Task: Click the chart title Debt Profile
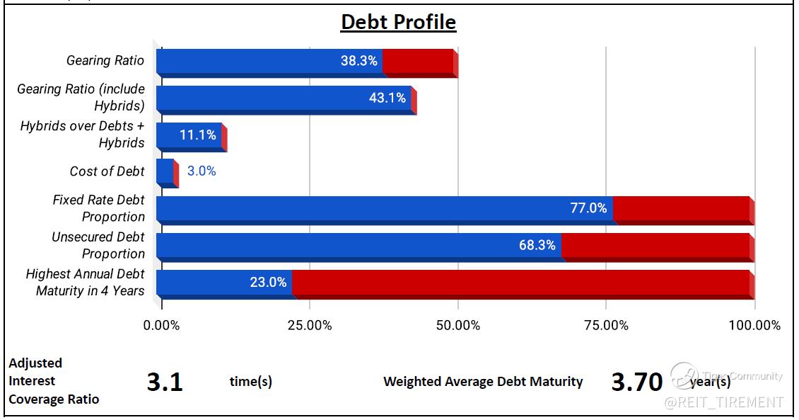point(398,22)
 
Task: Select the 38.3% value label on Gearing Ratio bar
point(359,61)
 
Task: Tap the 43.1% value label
point(387,98)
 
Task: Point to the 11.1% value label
point(198,135)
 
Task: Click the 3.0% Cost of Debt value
point(202,171)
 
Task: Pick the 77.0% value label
point(588,208)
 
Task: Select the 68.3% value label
point(537,245)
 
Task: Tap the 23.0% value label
point(268,282)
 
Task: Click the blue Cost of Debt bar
point(165,171)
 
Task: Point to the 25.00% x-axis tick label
point(310,326)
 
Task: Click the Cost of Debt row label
point(107,171)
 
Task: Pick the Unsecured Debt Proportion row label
point(98,245)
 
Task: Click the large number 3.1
point(165,382)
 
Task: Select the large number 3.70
point(636,382)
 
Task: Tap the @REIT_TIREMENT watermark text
point(723,402)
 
